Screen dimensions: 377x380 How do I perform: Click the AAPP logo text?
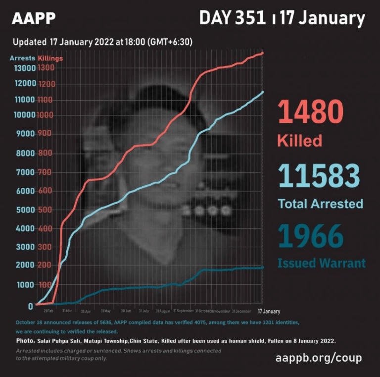[x=33, y=18]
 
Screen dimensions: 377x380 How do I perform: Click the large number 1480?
[x=310, y=112]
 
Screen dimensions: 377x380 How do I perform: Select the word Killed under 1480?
[x=299, y=140]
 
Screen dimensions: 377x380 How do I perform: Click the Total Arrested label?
[x=320, y=204]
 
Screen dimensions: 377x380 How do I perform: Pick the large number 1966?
[x=310, y=237]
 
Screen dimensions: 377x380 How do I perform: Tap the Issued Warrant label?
[x=322, y=263]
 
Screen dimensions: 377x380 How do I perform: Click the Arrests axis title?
[x=22, y=58]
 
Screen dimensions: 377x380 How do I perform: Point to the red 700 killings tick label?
[x=45, y=172]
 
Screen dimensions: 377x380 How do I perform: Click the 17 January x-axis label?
[x=269, y=311]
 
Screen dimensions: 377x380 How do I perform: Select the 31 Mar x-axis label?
[x=67, y=311]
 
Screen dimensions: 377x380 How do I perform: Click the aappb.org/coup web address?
[x=319, y=358]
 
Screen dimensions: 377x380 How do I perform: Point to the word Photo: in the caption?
[x=27, y=341]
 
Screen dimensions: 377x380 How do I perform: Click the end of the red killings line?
[x=263, y=53]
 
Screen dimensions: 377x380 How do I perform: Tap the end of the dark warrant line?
[x=262, y=268]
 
